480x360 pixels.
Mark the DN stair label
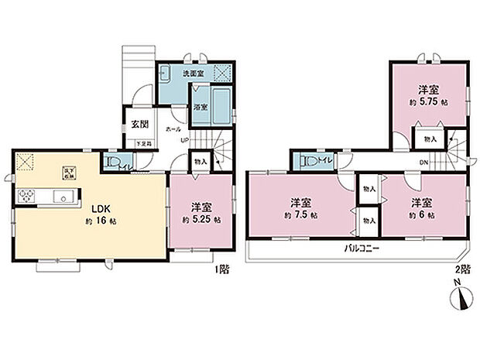coord(423,162)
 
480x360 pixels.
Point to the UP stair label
coord(184,140)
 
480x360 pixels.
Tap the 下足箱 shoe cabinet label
coord(144,143)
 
